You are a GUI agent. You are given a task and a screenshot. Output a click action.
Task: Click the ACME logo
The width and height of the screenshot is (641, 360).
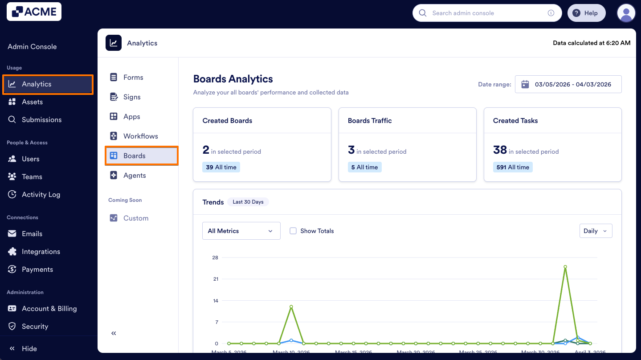click(34, 12)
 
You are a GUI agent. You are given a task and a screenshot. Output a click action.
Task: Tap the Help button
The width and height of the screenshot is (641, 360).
click(586, 13)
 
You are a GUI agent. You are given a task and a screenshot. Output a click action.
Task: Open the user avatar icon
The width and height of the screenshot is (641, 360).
click(626, 13)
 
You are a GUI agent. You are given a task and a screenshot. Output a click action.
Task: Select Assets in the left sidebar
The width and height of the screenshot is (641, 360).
click(32, 102)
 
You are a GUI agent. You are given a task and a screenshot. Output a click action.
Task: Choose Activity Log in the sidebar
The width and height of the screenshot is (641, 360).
click(41, 194)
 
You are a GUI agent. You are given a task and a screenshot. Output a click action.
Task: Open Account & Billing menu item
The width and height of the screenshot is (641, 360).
click(49, 308)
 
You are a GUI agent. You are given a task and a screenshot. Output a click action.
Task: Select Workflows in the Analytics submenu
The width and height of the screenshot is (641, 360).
click(140, 136)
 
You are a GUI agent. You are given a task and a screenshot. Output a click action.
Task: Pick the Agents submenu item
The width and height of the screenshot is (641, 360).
click(135, 175)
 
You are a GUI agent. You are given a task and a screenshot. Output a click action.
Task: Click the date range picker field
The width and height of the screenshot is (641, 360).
click(568, 84)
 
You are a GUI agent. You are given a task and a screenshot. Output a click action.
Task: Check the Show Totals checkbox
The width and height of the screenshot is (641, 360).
click(293, 231)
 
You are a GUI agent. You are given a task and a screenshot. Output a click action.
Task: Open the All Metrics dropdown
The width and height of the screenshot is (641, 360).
click(241, 231)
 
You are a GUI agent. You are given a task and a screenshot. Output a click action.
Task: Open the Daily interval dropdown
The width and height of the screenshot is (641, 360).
click(595, 231)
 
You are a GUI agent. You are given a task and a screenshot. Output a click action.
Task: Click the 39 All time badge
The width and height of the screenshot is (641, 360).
click(221, 167)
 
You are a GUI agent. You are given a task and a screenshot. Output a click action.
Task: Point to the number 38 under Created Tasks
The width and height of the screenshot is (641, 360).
click(500, 150)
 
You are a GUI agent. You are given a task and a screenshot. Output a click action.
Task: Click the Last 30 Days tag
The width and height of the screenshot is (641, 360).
click(248, 202)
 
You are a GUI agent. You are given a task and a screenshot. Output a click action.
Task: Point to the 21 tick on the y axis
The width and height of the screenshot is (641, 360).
click(215, 279)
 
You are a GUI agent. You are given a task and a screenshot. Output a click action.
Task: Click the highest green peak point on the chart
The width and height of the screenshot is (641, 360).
click(565, 267)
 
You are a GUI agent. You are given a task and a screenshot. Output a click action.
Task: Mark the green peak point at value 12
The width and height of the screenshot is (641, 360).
click(291, 307)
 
